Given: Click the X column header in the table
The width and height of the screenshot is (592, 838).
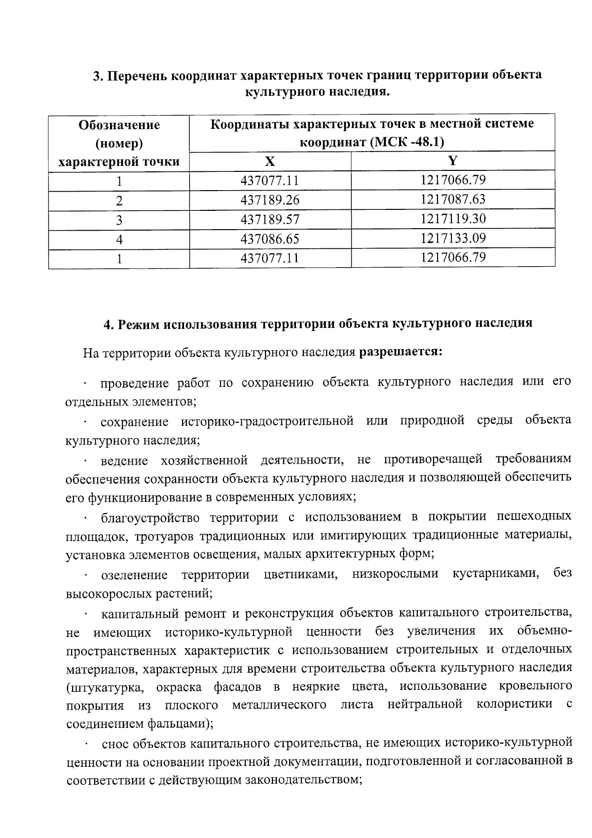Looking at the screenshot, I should tap(270, 161).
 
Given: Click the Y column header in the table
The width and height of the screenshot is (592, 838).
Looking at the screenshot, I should tap(453, 160).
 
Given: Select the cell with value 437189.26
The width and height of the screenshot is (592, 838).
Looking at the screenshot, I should tap(270, 200).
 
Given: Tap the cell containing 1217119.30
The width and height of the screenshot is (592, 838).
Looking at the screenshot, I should tap(453, 219).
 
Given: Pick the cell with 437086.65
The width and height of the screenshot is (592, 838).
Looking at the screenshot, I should tap(270, 239).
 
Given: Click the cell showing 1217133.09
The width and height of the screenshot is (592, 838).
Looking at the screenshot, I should tap(453, 239).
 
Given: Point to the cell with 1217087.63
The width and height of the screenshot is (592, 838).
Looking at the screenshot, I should tap(453, 199).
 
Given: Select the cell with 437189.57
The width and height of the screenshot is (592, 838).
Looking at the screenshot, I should tap(270, 220).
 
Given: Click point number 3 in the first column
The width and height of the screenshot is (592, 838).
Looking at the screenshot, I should tap(119, 220).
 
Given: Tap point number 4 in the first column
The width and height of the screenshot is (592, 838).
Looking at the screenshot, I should tap(119, 240).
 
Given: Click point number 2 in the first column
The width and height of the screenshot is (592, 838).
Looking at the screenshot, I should tap(119, 201).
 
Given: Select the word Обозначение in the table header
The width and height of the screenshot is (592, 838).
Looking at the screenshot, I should tap(119, 124).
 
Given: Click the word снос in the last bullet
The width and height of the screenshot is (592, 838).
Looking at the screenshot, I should tap(115, 743).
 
